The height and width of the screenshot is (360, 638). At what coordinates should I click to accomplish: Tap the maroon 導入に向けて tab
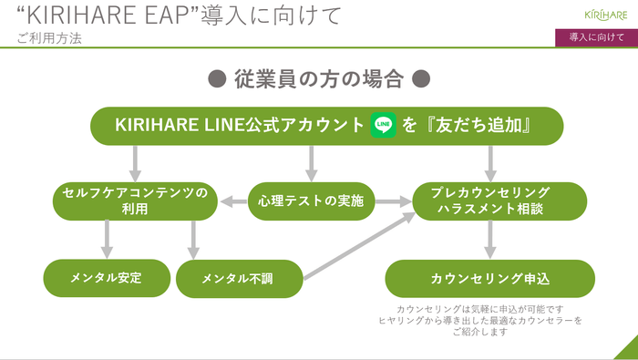596,37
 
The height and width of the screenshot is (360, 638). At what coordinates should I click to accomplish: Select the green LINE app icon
384,125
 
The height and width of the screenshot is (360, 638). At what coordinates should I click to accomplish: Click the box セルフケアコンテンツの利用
135,201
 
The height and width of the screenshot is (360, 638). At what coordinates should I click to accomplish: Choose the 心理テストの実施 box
312,201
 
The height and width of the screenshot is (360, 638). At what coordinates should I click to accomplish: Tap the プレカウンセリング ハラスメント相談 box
493,201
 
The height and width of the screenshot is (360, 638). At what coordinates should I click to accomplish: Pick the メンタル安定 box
107,277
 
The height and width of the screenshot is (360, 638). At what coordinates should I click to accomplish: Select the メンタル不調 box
239,278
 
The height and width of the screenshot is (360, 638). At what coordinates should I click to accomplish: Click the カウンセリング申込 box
489,278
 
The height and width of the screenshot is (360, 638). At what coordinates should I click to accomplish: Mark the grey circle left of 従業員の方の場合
218,79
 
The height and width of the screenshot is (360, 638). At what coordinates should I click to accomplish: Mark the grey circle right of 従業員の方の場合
420,79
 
